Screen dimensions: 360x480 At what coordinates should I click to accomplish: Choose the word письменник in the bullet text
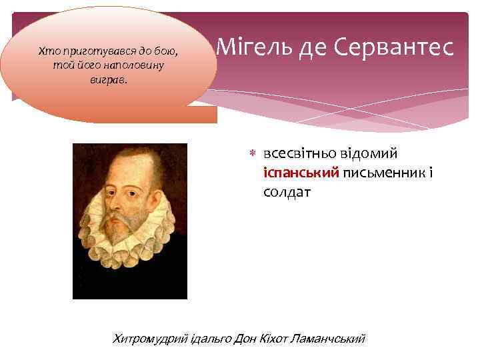coord(383,173)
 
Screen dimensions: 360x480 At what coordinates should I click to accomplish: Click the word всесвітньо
coord(298,154)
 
